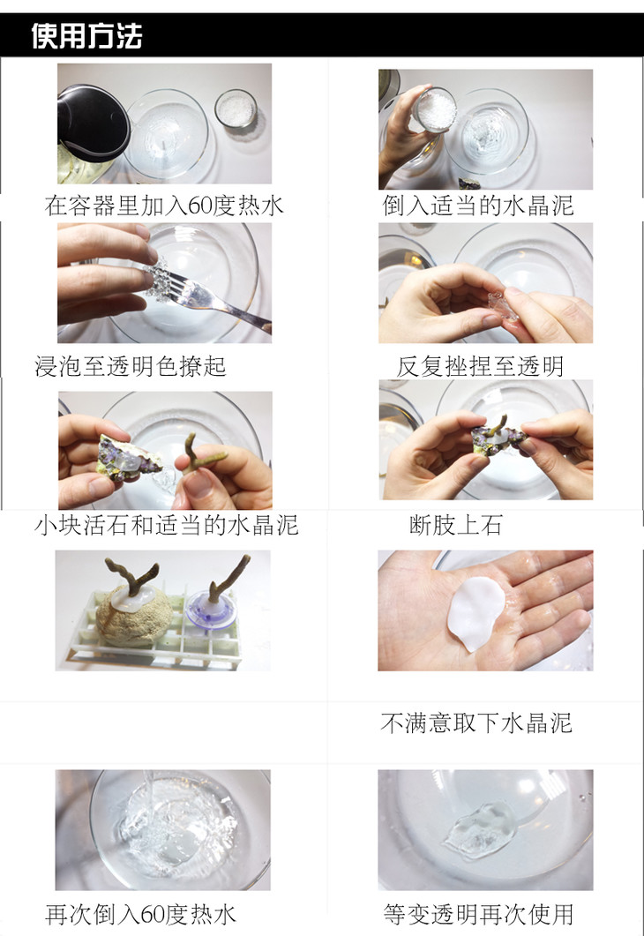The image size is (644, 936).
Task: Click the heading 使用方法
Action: point(86,35)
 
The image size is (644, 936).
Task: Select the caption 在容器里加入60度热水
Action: point(163,206)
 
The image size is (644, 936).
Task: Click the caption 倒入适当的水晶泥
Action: point(478,206)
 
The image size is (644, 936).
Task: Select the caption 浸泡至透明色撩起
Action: point(131,366)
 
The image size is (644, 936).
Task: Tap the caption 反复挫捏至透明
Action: point(480,366)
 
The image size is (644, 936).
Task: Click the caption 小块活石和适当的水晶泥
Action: point(167,525)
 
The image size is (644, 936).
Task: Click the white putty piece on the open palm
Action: point(476,612)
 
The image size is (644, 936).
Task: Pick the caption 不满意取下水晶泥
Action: point(476,723)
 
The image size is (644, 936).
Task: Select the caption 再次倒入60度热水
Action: point(141,914)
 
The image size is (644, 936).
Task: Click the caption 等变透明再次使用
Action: point(478,914)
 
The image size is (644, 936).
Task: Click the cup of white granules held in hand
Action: point(435,110)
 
